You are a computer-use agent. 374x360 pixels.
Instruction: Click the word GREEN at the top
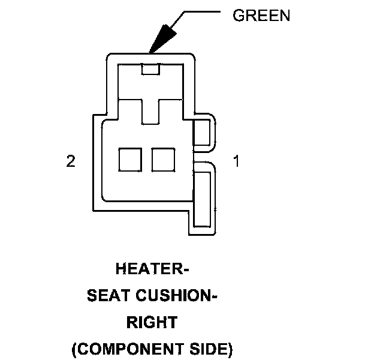pos(261,16)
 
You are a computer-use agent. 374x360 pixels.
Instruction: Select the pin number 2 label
pos(71,161)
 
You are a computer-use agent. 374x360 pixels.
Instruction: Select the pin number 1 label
pos(236,161)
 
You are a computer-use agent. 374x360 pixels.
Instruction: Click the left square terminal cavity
pos(129,160)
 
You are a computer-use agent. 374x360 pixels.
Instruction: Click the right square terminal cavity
pos(162,160)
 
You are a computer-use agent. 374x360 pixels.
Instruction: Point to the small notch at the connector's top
pos(150,69)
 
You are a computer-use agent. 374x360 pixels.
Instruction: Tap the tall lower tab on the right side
pos(202,199)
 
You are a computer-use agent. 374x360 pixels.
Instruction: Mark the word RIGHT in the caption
pos(152,322)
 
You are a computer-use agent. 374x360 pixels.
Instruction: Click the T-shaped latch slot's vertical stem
pos(150,111)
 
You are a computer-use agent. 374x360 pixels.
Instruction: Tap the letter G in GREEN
pos(238,16)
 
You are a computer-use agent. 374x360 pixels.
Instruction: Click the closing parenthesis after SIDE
pos(229,349)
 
